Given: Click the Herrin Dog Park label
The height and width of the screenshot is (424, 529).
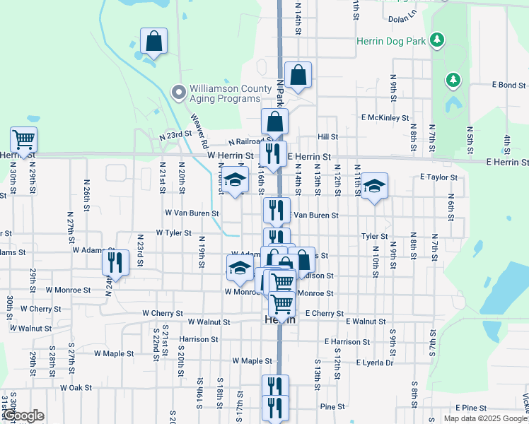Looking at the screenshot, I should coord(391,41).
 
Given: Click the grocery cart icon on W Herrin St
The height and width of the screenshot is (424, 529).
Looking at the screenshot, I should coord(23,140).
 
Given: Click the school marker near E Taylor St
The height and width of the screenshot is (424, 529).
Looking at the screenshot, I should coord(375,187).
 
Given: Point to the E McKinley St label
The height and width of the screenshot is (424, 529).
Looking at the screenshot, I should coord(385,117).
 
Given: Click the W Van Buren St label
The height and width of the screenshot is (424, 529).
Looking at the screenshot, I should coord(192,212).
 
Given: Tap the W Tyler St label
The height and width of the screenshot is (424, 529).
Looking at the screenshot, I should coord(173,232).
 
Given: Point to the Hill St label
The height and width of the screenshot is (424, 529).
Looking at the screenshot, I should coord(327,137).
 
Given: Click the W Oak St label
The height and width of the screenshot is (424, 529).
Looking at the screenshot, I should coord(76,387).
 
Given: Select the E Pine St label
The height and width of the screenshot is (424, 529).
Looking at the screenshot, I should coord(472,408).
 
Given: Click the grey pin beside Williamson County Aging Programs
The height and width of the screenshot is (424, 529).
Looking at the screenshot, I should coord(178,91).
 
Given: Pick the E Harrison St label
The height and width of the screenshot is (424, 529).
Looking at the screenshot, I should coord(347,341).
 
